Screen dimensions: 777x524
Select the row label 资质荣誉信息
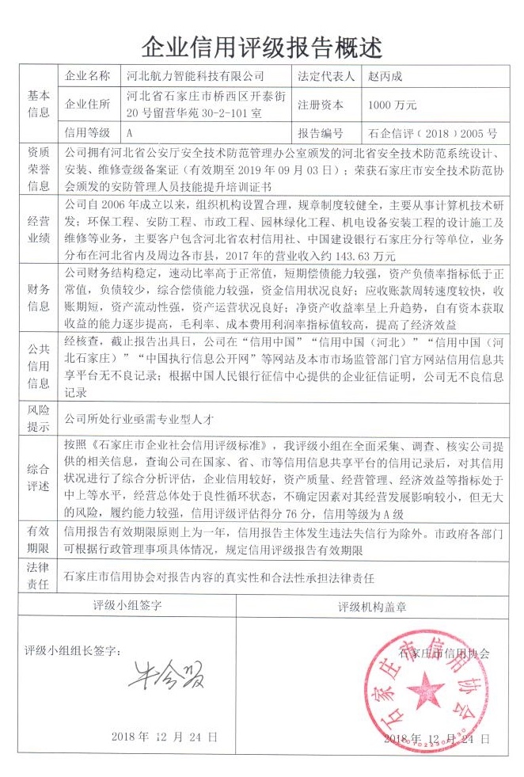(x=39, y=168)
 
